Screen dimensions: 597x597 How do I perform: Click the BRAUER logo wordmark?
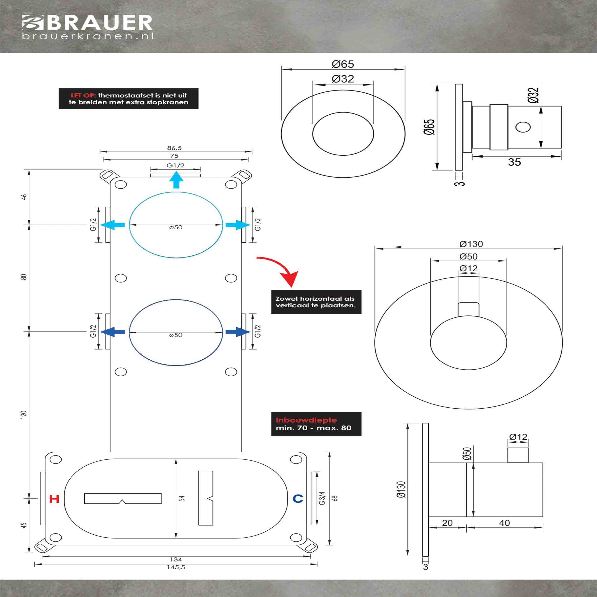(99, 23)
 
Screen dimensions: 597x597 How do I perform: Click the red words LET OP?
(83, 96)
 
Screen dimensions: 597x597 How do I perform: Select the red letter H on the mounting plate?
(54, 499)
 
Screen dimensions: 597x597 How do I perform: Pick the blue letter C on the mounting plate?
(298, 498)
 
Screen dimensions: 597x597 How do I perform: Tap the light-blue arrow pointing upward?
(176, 180)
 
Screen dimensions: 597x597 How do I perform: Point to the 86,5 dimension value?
(175, 148)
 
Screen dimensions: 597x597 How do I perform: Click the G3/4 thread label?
(322, 498)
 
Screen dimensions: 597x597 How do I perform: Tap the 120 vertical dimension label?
(24, 414)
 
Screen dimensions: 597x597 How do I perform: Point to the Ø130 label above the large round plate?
(471, 244)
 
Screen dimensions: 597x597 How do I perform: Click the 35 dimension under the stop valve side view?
(514, 162)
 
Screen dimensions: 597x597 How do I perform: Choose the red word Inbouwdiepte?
(306, 420)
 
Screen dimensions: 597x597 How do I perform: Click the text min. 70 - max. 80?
(313, 428)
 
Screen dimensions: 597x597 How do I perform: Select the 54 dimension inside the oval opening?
(182, 498)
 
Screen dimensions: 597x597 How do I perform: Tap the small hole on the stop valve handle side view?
(523, 127)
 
